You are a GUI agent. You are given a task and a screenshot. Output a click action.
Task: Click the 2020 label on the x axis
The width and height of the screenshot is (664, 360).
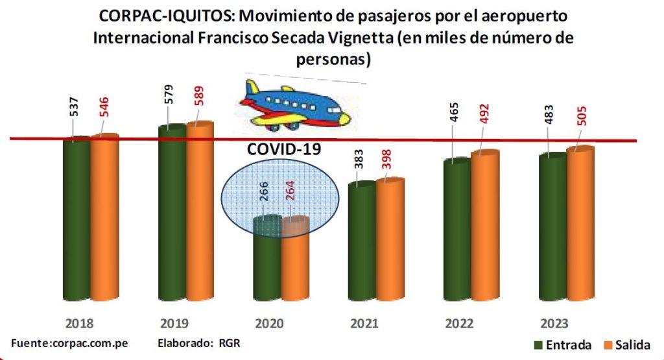pos(268,323)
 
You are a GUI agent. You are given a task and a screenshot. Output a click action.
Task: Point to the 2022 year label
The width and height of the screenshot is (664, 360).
pos(458,323)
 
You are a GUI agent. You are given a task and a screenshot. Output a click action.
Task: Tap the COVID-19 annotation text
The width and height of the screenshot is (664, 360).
pos(284,149)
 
